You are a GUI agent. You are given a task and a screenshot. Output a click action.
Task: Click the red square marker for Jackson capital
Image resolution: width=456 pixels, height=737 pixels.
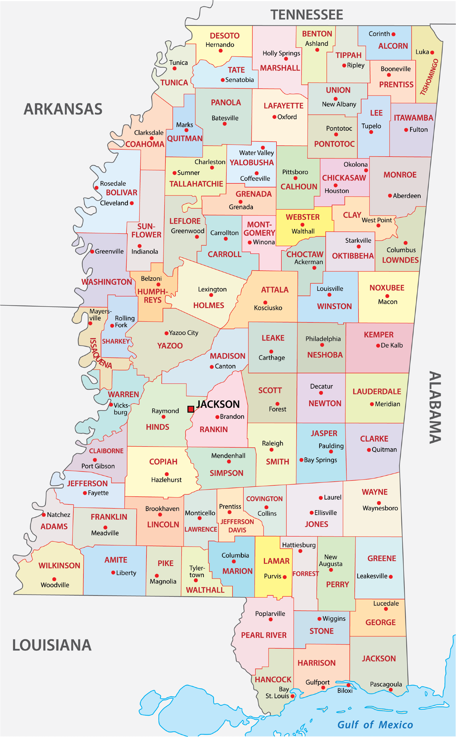click(191, 409)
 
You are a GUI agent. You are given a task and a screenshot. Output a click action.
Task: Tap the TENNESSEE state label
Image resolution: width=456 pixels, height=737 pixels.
click(306, 15)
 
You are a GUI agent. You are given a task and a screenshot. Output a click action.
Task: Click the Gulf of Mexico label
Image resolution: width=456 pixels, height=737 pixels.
click(375, 724)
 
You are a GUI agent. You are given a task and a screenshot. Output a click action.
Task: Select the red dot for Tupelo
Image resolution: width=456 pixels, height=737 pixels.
click(371, 132)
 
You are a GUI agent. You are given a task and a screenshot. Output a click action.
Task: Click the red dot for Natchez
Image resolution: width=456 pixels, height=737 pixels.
click(44, 514)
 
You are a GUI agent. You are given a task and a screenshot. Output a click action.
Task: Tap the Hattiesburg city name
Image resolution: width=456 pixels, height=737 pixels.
click(299, 545)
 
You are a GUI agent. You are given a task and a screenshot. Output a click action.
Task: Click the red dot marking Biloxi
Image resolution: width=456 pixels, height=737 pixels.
click(348, 685)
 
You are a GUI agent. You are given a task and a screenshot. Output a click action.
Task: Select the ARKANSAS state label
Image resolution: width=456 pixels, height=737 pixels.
click(63, 109)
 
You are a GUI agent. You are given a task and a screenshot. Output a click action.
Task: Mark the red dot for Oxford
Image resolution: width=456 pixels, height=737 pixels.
click(274, 117)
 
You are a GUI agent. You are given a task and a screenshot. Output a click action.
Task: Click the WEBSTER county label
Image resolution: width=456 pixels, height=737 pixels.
click(302, 217)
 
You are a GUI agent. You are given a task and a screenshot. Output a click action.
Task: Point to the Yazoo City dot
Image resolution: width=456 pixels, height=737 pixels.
click(166, 333)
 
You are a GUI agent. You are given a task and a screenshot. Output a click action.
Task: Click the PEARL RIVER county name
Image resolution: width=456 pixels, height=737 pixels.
click(264, 635)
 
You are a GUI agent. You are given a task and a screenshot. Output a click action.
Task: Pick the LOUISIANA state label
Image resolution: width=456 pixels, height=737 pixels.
click(51, 645)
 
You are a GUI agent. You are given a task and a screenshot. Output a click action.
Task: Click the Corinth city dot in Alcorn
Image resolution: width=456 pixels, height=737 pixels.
click(393, 34)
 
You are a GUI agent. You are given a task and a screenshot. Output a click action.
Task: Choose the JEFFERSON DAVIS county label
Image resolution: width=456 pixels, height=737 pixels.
click(237, 526)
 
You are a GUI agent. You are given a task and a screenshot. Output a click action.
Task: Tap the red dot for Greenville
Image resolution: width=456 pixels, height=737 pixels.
click(92, 251)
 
